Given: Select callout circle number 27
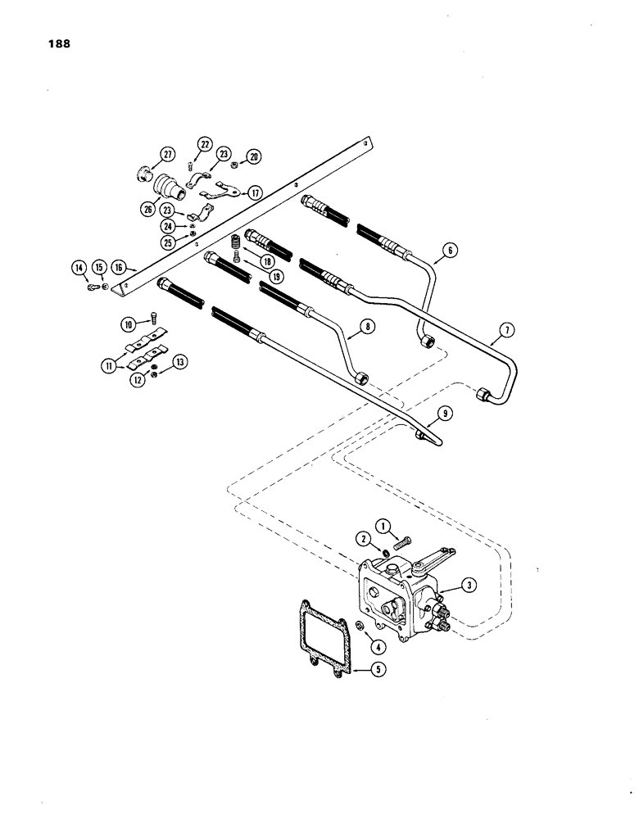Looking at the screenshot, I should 167,154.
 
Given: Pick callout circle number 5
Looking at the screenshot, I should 378,669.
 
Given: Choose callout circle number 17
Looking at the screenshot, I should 256,193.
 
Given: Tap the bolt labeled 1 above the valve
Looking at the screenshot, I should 402,541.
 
